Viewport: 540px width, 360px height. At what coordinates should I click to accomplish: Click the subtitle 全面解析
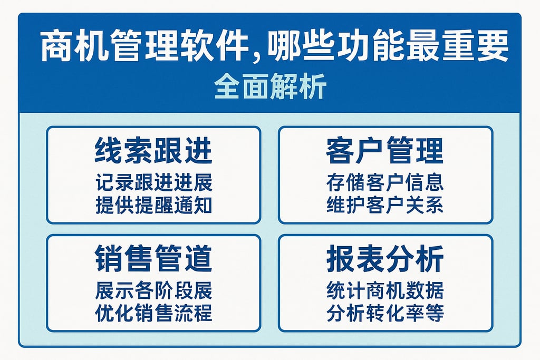(x=270, y=87)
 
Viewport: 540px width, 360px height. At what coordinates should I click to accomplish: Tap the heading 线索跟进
(x=153, y=151)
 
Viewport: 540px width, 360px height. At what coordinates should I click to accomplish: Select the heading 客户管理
(x=385, y=151)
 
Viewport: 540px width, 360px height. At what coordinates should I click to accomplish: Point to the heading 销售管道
(x=153, y=259)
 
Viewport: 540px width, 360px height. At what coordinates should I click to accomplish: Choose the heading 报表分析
(x=385, y=259)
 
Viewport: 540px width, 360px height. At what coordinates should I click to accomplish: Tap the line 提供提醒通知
(x=153, y=205)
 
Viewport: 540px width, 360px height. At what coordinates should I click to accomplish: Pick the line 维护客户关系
(x=385, y=205)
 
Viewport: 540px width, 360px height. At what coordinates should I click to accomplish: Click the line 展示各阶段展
(x=153, y=290)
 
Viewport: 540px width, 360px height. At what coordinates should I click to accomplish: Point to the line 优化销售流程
(x=153, y=313)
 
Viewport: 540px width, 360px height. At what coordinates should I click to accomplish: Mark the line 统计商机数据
(x=385, y=290)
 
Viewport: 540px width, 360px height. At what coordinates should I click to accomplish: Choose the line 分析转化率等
(x=385, y=313)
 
